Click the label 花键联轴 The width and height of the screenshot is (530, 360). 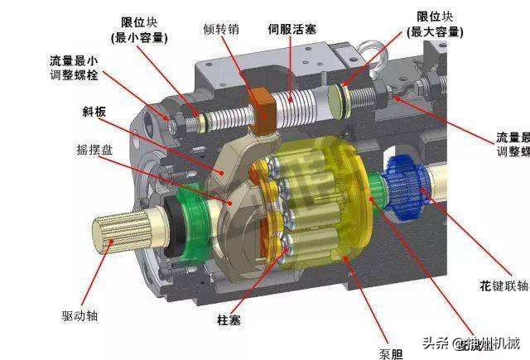tap(503, 286)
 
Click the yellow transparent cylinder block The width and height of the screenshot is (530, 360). tap(331, 203)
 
